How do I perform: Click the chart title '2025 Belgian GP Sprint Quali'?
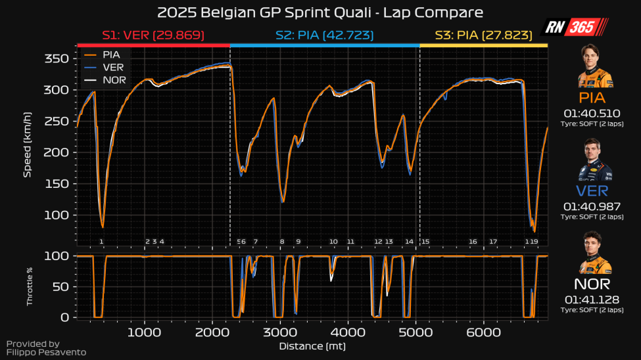(320, 13)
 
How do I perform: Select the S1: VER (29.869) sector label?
(153, 35)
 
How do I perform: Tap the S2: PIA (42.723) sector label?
(325, 35)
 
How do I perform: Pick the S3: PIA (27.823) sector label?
(483, 35)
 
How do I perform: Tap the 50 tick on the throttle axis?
(63, 286)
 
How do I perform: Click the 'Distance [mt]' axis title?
(312, 346)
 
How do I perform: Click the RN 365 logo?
(574, 27)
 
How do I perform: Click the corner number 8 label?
(282, 242)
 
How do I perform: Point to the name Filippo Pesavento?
(46, 352)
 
